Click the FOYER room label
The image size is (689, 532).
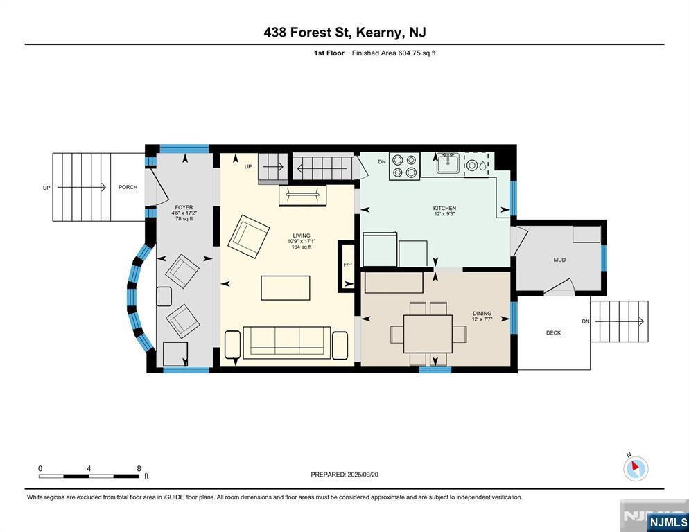(184, 207)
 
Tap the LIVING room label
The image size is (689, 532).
(302, 236)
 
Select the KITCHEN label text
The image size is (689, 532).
(445, 209)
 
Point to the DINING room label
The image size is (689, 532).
(482, 314)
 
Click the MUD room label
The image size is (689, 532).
(559, 260)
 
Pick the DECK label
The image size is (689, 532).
(554, 333)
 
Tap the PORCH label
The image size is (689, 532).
(128, 187)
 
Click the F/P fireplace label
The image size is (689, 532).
(347, 265)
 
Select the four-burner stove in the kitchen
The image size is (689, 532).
(404, 166)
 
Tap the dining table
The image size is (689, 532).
(428, 334)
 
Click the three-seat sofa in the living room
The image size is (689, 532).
(286, 342)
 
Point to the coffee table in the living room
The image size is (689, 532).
(286, 288)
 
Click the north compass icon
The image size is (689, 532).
(636, 468)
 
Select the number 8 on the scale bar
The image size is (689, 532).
(139, 469)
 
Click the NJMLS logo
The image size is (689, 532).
(668, 522)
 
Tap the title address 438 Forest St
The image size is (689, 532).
(306, 32)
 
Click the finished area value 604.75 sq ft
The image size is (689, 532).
(417, 53)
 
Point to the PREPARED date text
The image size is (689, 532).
(344, 475)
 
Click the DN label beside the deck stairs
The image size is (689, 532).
(586, 321)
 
